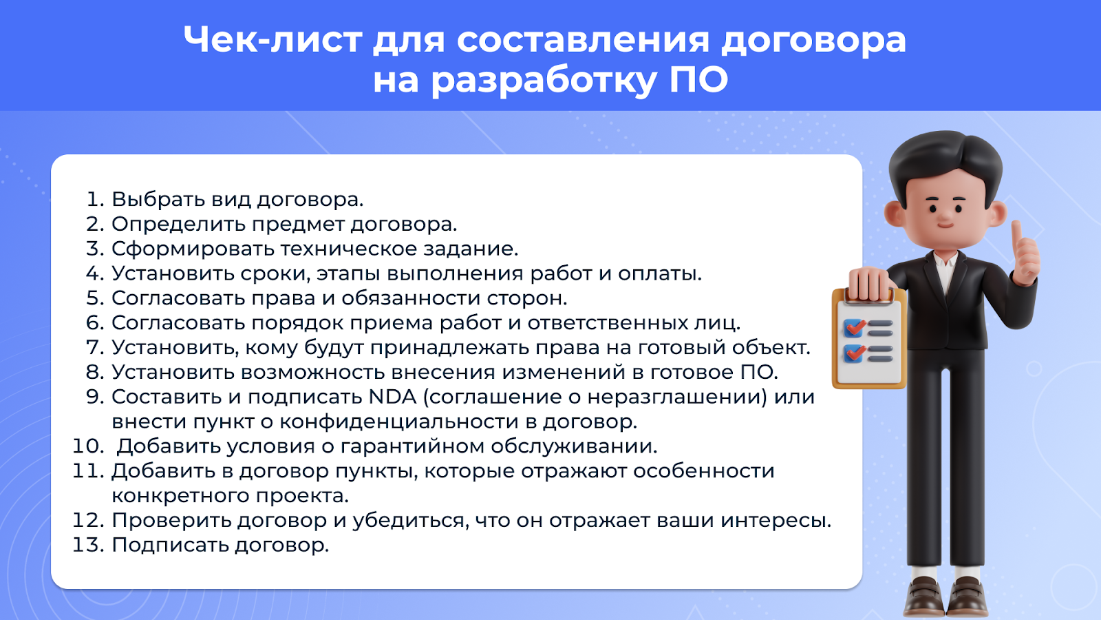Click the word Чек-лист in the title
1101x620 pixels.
(x=272, y=39)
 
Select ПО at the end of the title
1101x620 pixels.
(x=698, y=80)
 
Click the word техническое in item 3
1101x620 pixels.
(x=348, y=249)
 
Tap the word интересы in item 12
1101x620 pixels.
(x=776, y=521)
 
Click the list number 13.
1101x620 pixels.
(x=89, y=545)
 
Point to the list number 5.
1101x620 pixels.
(x=96, y=298)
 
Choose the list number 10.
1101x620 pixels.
(x=89, y=446)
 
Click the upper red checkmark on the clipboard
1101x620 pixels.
(x=855, y=327)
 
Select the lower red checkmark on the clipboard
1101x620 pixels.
(x=855, y=353)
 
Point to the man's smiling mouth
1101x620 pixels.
(x=945, y=226)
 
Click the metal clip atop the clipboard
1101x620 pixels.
(x=868, y=296)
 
